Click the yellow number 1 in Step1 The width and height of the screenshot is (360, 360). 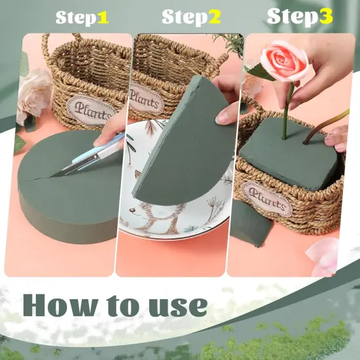103,18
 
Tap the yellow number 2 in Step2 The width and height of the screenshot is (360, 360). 215,18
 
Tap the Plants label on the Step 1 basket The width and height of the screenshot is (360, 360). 91,106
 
